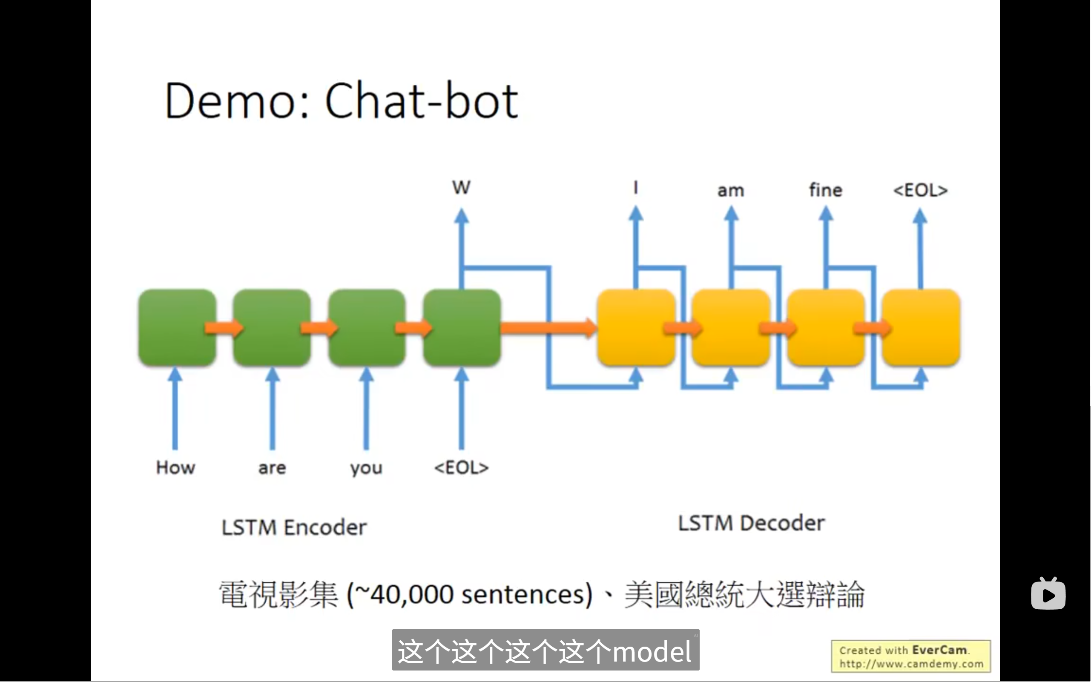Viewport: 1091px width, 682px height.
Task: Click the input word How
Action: coord(175,467)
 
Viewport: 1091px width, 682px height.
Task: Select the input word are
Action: coord(272,468)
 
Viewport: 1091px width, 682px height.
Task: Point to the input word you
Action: coord(366,468)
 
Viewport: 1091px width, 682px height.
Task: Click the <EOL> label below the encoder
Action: coord(461,467)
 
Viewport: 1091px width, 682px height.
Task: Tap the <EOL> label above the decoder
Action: coord(920,190)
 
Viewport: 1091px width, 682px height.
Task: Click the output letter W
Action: coord(461,187)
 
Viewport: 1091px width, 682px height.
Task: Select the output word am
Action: coord(730,190)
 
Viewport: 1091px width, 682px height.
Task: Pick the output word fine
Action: coord(826,190)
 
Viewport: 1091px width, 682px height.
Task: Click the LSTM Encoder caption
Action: coord(294,527)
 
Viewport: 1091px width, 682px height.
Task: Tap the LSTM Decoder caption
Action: coord(751,523)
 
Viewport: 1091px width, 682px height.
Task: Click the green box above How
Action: coord(177,327)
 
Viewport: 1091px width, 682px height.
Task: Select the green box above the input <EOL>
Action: coord(462,327)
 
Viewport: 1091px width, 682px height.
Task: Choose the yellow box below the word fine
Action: coord(826,327)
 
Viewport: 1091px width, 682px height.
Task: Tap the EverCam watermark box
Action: coord(910,656)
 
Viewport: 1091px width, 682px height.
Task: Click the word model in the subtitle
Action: coord(651,652)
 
